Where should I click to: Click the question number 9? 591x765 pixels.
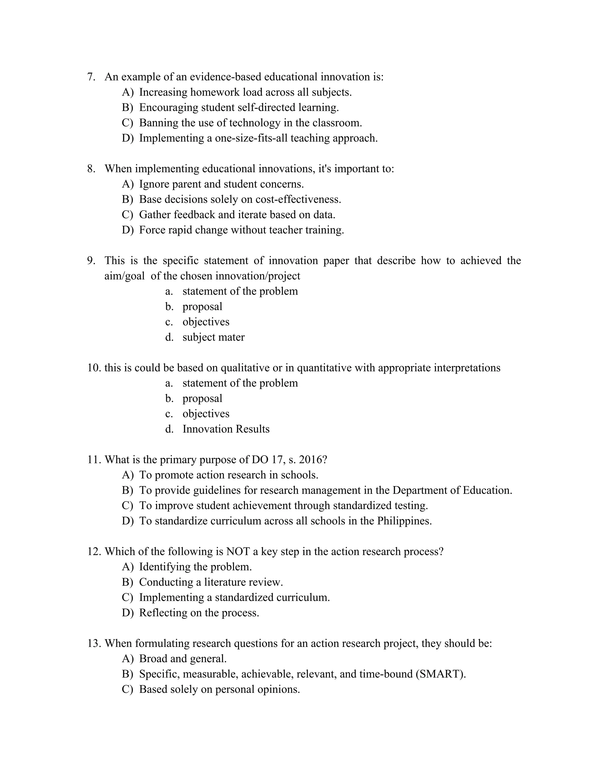pos(91,261)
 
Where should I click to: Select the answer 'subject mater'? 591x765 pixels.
pos(213,337)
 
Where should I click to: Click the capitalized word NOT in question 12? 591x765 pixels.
pos(238,552)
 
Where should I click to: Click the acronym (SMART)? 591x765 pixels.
pos(440,674)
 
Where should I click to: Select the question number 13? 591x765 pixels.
pos(94,643)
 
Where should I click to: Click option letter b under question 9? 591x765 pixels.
pos(169,307)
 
